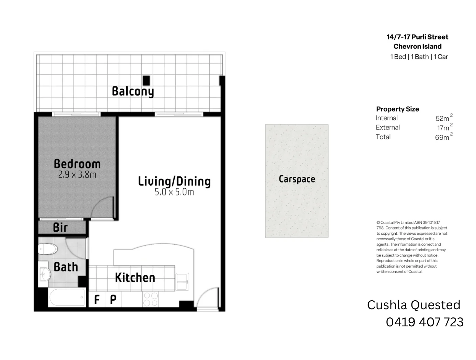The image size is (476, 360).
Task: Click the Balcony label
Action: [x=133, y=91]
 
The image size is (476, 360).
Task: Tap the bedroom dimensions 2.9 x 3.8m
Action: [x=77, y=175]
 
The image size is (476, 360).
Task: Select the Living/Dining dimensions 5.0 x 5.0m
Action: [x=174, y=192]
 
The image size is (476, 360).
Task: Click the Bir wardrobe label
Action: [x=60, y=227]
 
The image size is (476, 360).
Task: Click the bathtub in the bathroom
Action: [x=67, y=297]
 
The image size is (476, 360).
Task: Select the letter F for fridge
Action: [x=97, y=300]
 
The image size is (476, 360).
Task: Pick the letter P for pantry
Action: [x=113, y=300]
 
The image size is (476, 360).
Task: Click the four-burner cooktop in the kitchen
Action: [x=151, y=299]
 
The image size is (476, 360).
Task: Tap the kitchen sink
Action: [x=182, y=281]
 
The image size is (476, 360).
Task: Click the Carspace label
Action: [x=297, y=179]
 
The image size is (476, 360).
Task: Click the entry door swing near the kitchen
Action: [x=208, y=298]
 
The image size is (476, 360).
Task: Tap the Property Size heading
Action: [x=397, y=109]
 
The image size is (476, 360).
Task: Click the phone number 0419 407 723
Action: [x=425, y=322]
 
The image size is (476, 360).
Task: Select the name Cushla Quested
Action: [x=414, y=305]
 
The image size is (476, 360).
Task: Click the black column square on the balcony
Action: [x=147, y=80]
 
